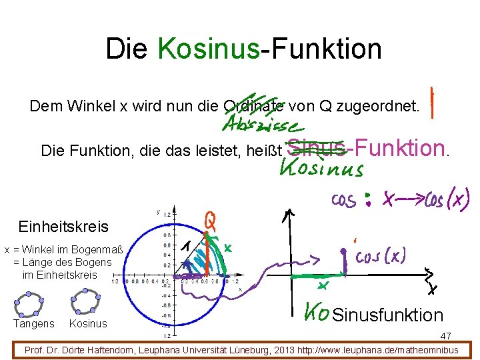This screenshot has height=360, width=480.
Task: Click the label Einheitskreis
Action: (63, 227)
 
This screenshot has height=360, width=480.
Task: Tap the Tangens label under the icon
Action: (34, 324)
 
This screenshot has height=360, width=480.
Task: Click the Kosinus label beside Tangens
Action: (88, 324)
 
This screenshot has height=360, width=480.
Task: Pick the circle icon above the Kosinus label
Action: (86, 302)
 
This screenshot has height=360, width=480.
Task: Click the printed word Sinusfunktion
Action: (387, 315)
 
